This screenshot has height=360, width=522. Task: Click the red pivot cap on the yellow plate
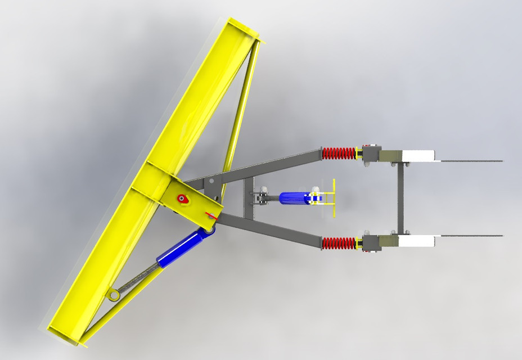coord(182,198)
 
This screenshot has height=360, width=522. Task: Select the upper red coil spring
coord(339,153)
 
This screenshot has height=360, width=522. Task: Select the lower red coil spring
coord(339,243)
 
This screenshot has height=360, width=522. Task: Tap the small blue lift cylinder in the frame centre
coord(294,197)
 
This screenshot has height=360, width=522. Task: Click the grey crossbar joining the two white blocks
coord(400,198)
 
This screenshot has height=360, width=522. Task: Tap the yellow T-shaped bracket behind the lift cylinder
coord(333,197)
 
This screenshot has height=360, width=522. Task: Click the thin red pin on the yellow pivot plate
coord(211,214)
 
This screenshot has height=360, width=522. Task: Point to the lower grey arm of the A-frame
coord(270,231)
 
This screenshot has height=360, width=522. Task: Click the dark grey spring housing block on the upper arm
coord(371,153)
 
